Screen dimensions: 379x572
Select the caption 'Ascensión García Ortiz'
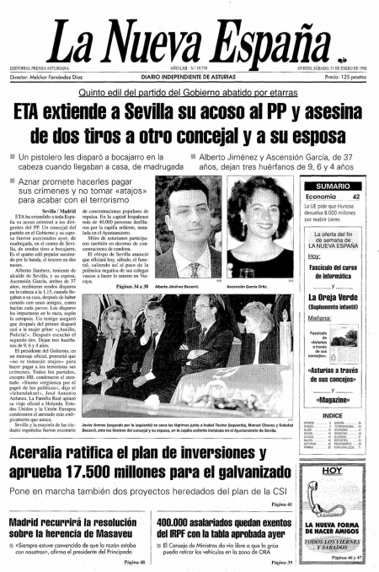(x=261, y=287)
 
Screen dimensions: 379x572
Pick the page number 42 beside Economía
(x=356, y=197)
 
